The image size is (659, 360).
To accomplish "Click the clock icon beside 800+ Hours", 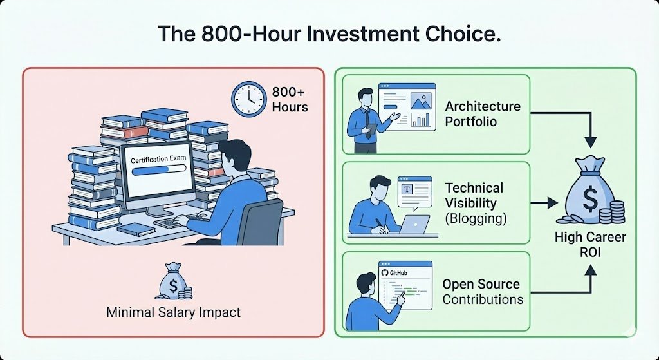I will click(248, 99).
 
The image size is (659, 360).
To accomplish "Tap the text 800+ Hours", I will click(290, 99).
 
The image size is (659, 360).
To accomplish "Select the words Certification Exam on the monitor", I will click(158, 159).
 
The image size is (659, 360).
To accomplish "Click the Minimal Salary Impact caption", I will click(174, 312).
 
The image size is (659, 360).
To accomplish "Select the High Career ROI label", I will click(590, 245).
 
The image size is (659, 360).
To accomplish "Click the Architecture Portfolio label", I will click(483, 114).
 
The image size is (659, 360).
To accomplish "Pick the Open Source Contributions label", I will click(482, 292).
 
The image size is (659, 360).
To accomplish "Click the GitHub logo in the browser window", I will click(386, 274).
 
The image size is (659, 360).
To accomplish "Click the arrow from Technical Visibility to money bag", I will click(544, 203).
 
